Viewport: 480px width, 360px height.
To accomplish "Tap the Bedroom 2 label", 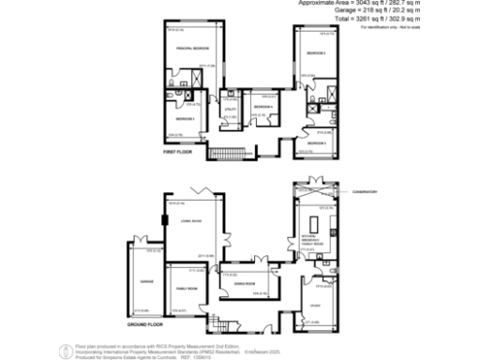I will pos(316,53).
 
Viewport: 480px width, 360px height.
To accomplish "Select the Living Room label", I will pos(191,221).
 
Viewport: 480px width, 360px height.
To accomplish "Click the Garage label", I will pos(145,280).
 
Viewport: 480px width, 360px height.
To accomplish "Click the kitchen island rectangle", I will pos(314,223).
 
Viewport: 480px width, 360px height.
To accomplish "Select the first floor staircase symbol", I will pos(226,153).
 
